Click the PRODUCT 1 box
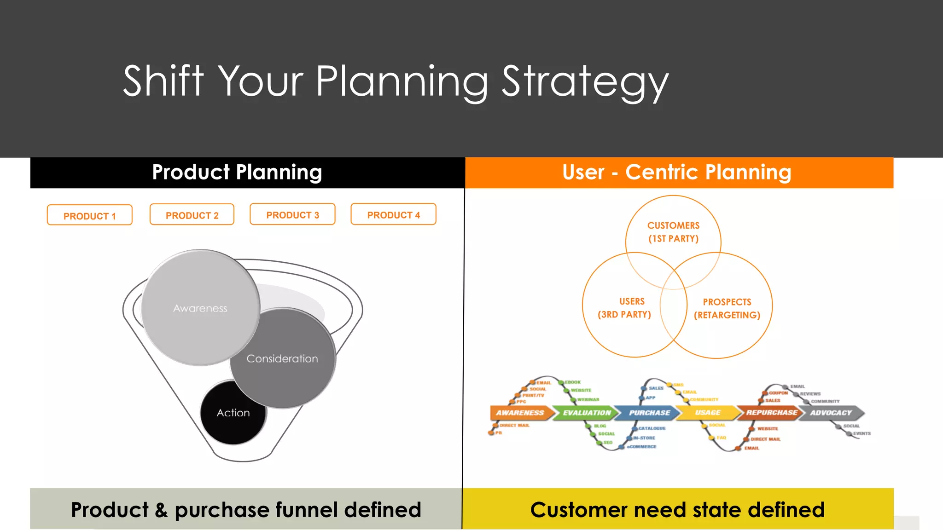(89, 215)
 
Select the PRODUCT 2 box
(192, 215)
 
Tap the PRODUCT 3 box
(292, 214)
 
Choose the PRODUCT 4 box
(393, 214)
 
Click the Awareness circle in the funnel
(200, 308)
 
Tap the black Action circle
(233, 413)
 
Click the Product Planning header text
(237, 173)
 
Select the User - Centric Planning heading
(676, 173)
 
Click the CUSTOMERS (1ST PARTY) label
(673, 232)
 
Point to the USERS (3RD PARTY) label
(625, 308)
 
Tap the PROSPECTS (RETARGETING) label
(727, 308)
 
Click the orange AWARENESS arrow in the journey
(520, 413)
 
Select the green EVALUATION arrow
(586, 413)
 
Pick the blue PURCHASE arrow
(649, 413)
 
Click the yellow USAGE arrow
(708, 413)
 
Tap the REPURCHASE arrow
(771, 413)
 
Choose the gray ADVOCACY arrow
(831, 413)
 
